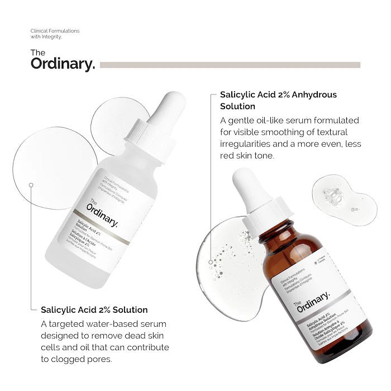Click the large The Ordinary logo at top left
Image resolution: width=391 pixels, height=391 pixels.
(x=63, y=60)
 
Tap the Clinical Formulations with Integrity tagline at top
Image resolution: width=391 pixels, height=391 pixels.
(x=55, y=34)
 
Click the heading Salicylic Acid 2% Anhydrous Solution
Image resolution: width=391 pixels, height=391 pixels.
(x=278, y=100)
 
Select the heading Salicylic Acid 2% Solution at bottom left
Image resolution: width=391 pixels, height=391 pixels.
(x=94, y=309)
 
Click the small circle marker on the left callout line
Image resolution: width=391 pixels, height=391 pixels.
(x=31, y=184)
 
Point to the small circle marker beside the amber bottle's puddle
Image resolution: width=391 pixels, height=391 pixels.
(x=210, y=261)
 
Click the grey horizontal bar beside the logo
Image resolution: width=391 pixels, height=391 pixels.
(x=230, y=65)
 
